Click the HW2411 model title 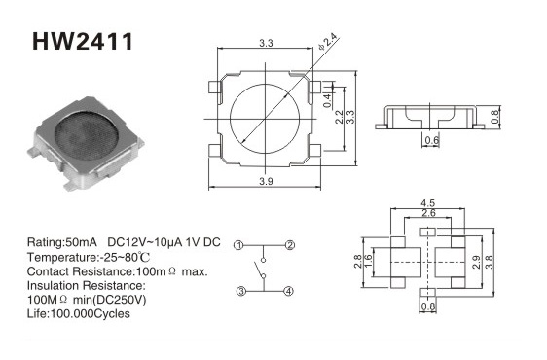[83, 42]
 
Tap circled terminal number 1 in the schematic [238, 245]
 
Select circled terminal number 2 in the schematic [290, 245]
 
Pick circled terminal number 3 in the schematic [241, 291]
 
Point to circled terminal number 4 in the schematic [288, 291]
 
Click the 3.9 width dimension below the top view [266, 181]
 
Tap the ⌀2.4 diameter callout [328, 42]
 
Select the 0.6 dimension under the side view [431, 140]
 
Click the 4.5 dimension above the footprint [427, 203]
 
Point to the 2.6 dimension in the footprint [428, 213]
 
